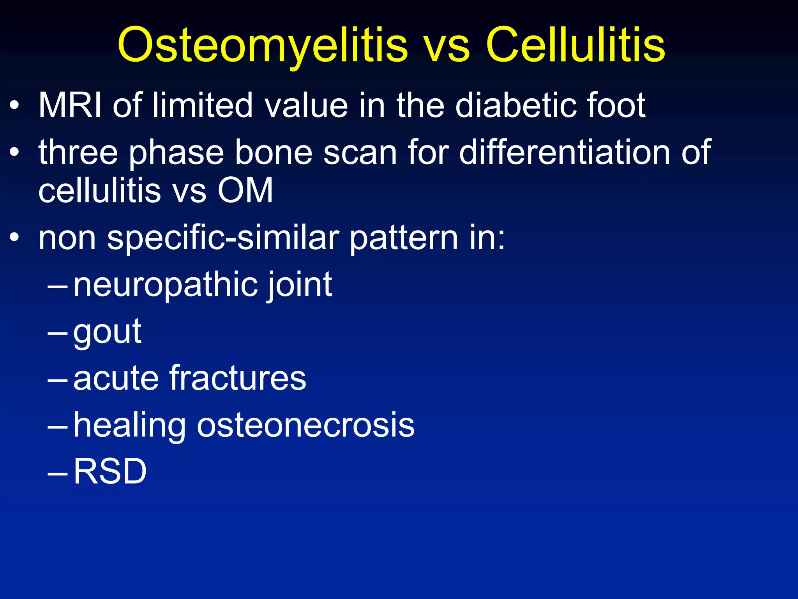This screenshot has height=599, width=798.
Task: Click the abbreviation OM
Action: point(245,191)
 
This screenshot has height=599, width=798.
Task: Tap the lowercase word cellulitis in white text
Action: point(99,191)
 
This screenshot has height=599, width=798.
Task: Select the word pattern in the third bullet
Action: point(403,239)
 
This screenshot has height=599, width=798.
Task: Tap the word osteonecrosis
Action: point(305,425)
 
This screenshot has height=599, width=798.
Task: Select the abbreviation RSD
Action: point(110,472)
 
